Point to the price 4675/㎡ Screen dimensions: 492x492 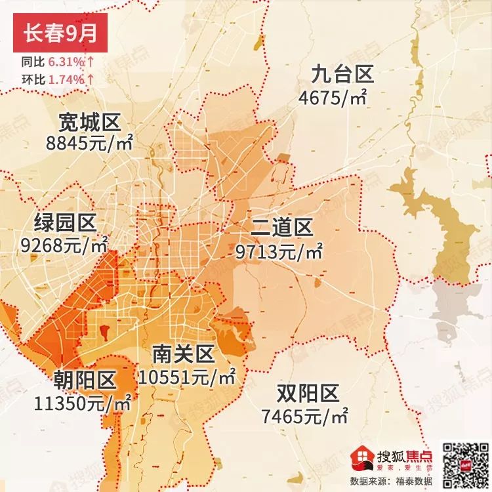click(332, 98)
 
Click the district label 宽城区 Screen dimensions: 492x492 click(89, 122)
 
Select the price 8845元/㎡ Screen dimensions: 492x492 click(90, 142)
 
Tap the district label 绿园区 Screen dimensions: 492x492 click(66, 224)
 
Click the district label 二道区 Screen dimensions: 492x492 click(282, 228)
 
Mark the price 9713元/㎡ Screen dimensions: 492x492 click(279, 251)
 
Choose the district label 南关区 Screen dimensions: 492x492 click(183, 355)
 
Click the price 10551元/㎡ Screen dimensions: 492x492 click(188, 377)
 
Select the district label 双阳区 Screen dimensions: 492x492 click(307, 394)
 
